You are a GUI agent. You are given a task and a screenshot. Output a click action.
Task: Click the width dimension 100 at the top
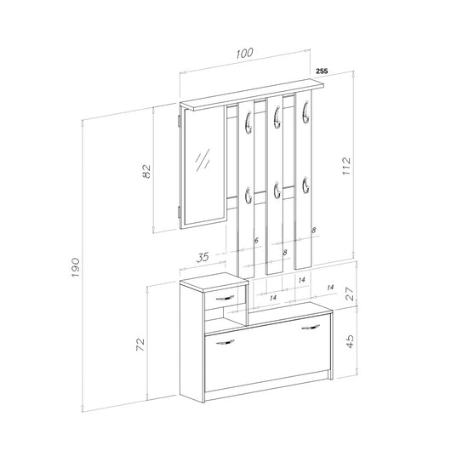[x=245, y=53]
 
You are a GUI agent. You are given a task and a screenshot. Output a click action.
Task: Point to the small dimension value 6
[x=256, y=241]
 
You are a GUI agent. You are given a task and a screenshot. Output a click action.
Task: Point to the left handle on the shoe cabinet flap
[x=226, y=343]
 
